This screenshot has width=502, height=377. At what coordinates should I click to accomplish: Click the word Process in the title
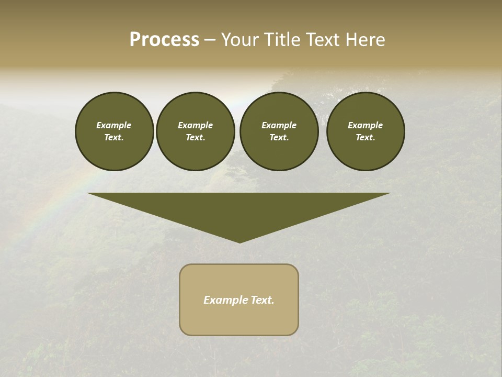pos(164,40)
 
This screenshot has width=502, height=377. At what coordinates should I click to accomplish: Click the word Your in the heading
pos(239,40)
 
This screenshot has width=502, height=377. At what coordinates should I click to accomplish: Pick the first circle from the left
pos(114,131)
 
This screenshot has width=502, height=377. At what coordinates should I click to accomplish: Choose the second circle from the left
pos(195,131)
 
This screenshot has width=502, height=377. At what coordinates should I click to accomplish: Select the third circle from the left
pos(279,131)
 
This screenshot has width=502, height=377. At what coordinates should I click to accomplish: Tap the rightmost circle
pos(365,131)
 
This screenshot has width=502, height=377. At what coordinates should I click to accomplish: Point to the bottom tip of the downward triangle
pos(239,242)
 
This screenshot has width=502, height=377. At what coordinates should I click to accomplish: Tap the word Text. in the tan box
pos(262,300)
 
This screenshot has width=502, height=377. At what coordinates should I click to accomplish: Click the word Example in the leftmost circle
pos(114,125)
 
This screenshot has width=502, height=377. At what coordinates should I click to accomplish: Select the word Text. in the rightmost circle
pos(365,138)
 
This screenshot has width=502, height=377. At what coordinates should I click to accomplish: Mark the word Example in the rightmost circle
pos(365,125)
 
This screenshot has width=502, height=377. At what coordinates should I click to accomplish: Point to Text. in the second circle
pos(195,138)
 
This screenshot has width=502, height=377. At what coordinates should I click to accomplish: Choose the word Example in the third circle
pos(279,125)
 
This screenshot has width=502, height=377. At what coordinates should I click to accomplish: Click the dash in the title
pos(210,40)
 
